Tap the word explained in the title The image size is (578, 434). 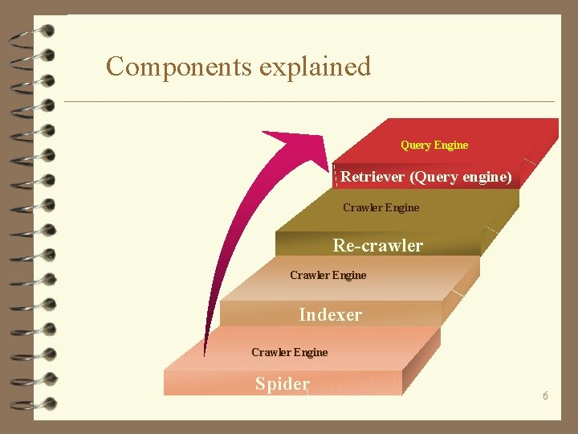pos(315,66)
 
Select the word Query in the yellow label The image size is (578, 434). pos(415,145)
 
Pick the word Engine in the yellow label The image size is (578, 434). pos(450,145)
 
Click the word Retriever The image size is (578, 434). pos(372,176)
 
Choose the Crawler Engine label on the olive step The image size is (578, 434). pos(381,207)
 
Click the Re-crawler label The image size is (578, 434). pos(378,245)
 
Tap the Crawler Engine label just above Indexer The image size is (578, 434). pos(328,275)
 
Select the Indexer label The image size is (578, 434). pos(330,314)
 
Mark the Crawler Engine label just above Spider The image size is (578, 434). pos(289,352)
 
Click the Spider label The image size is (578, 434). pos(282,384)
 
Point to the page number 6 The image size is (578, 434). pos(545,396)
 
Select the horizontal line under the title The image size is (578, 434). pos(309,101)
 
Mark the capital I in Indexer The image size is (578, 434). pos(302,314)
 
